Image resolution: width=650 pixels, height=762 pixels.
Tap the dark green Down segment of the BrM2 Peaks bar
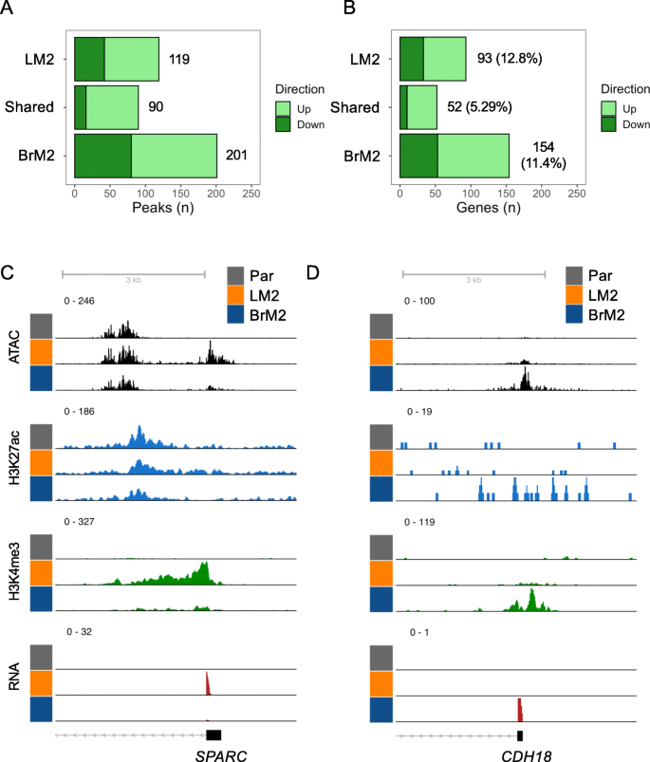pos(102,155)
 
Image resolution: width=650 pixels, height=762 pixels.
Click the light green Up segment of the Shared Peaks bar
pos(112,106)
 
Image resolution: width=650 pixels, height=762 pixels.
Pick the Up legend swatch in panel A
pos(283,108)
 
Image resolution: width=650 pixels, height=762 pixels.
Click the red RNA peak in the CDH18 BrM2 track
pos(519,709)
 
